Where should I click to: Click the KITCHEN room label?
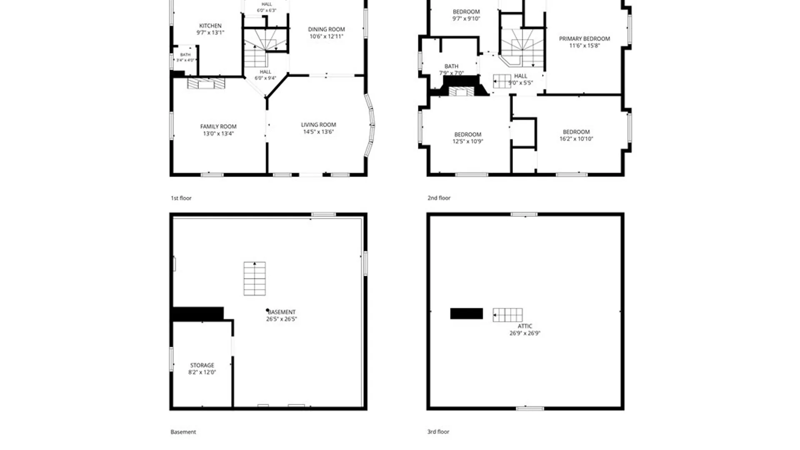point(210,26)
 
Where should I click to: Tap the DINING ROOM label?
point(326,30)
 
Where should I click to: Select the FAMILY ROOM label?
point(218,127)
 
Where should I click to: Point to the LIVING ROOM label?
point(318,125)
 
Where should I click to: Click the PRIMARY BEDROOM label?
point(585,39)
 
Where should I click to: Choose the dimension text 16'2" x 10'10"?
point(576,139)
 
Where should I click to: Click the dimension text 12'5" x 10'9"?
point(467,142)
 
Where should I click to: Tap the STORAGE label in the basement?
point(202,365)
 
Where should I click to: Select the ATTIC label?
point(525,326)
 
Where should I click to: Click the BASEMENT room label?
point(282,312)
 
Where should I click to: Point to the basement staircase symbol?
point(255,279)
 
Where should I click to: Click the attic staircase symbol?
point(507,315)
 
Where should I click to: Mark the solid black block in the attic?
point(467,314)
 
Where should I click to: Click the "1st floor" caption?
point(181,198)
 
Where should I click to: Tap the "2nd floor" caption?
point(439,198)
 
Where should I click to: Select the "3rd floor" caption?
point(438,432)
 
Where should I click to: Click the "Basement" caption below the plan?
point(183,432)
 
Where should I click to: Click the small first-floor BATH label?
point(185,55)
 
